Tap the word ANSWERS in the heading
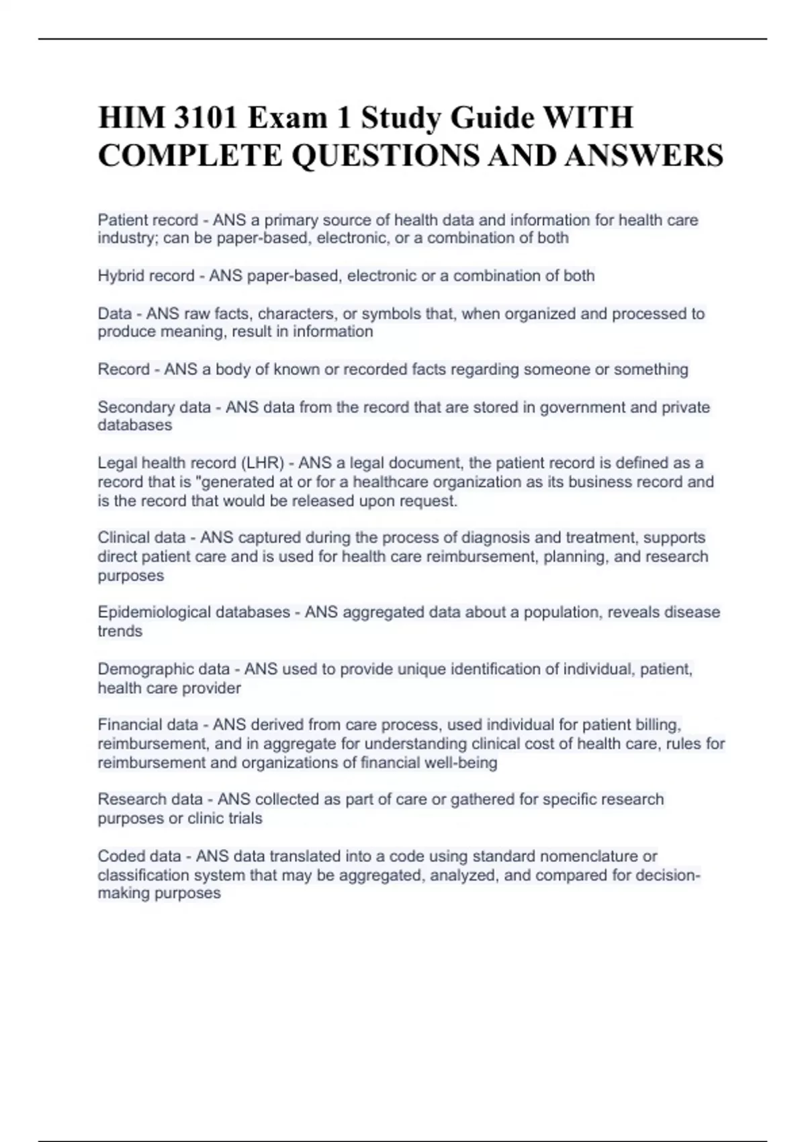click(643, 156)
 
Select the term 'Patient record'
click(148, 220)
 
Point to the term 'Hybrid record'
click(146, 276)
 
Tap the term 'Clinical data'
click(141, 537)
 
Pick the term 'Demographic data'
click(163, 669)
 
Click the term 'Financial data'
click(148, 725)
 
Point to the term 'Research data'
click(150, 799)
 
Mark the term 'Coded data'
click(139, 856)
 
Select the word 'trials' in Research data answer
click(244, 818)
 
